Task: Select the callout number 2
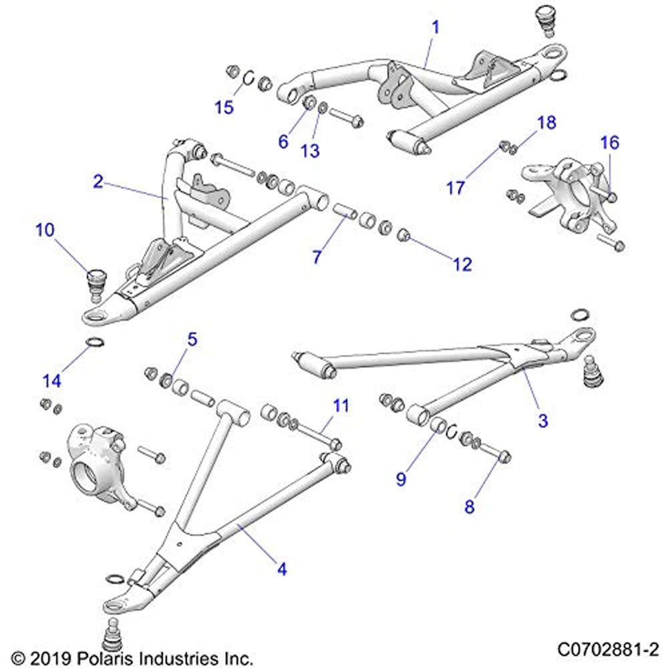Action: coord(98,181)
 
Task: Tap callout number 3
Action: coord(543,420)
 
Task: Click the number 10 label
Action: coord(45,231)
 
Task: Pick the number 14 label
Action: coord(52,381)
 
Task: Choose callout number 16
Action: coord(609,142)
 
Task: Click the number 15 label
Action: coord(224,107)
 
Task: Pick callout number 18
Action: coord(546,122)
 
